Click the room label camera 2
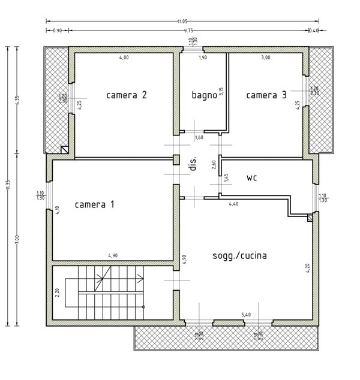point(127,95)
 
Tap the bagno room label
point(204,95)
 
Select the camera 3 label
point(266,95)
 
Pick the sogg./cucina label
point(240,255)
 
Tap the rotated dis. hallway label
point(193,166)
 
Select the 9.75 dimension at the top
point(188,30)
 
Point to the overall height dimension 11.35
point(7,186)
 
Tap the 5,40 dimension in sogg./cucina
point(246,314)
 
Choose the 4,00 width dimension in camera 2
point(124,58)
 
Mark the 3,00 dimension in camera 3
point(266,58)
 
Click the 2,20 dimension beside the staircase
point(57,293)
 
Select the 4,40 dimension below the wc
point(234,204)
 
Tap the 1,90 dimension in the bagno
point(203,58)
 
